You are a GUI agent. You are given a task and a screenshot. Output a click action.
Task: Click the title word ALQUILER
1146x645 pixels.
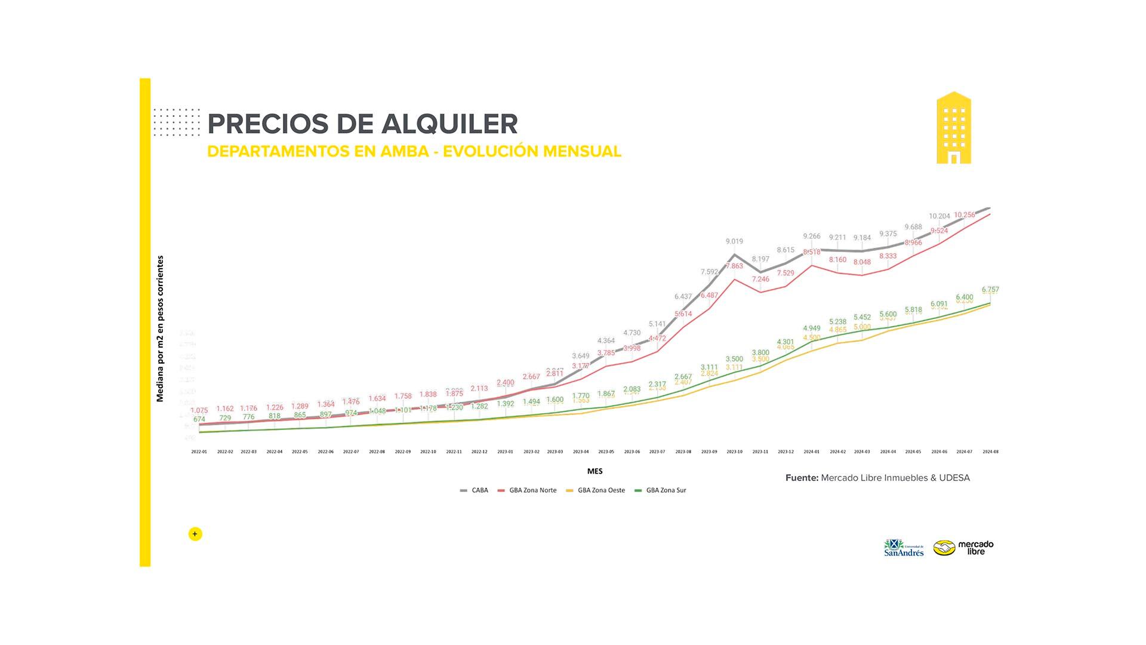(x=449, y=124)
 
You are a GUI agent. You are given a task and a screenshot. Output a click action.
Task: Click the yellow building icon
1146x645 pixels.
(x=953, y=128)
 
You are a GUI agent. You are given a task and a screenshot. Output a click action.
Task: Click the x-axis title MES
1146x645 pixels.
(x=594, y=471)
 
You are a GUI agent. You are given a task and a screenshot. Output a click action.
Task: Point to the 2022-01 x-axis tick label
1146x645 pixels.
(x=199, y=452)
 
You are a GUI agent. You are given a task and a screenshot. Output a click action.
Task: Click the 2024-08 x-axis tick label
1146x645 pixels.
(x=990, y=452)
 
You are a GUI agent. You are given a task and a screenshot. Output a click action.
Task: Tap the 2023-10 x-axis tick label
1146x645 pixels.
(x=734, y=452)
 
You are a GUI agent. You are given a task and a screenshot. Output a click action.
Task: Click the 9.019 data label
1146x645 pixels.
(x=734, y=241)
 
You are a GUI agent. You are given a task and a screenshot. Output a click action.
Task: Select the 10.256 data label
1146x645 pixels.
(x=964, y=215)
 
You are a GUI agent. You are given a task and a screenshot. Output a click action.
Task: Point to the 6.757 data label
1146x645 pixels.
(x=990, y=290)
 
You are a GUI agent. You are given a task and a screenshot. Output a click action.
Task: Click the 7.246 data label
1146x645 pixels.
(x=760, y=279)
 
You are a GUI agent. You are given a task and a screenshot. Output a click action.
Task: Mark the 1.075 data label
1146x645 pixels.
(x=199, y=410)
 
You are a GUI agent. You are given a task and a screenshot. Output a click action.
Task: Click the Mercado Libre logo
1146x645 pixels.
(x=963, y=547)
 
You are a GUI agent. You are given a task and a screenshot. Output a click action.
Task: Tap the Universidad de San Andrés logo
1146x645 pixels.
(x=904, y=548)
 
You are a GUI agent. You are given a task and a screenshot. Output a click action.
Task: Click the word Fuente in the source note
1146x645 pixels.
(x=802, y=478)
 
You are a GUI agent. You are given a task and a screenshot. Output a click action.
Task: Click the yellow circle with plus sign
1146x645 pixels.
(x=195, y=534)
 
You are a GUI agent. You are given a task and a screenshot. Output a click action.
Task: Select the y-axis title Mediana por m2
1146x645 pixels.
(x=160, y=328)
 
